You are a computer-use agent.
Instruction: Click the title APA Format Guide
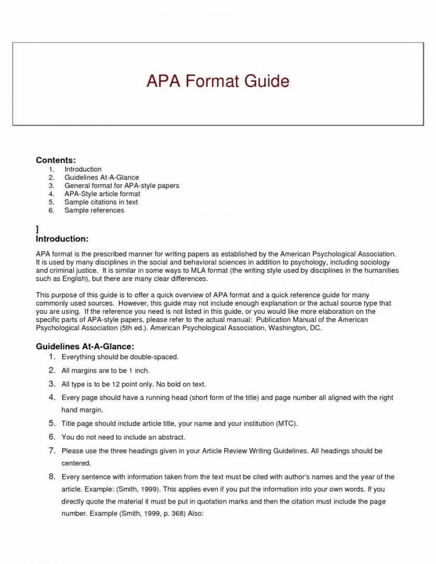coord(217,81)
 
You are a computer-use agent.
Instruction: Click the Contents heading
coord(56,160)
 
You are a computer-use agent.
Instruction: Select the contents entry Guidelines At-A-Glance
coord(101,177)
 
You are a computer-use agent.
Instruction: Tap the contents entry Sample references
coord(94,210)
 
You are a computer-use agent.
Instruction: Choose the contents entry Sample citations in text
coord(101,202)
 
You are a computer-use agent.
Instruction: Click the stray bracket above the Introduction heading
coord(37,229)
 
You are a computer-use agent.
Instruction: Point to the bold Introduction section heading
coord(62,239)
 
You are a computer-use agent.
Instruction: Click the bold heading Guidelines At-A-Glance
coord(85,346)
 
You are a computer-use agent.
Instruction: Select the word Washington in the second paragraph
coord(288,328)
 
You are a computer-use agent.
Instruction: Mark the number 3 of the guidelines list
coord(52,384)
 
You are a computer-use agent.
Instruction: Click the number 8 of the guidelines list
coord(52,476)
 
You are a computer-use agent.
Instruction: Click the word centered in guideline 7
coord(76,463)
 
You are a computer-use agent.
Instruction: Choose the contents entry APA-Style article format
coord(102,194)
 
